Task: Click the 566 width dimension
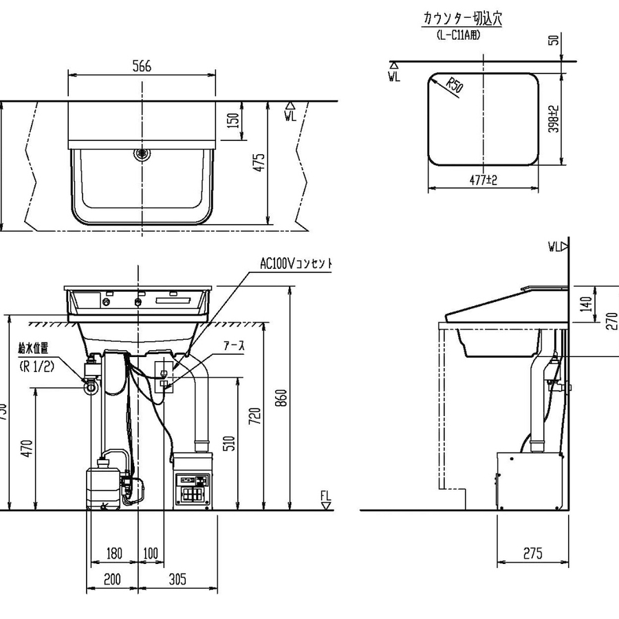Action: click(141, 66)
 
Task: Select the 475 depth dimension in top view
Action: click(259, 163)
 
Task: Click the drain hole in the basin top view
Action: click(142, 154)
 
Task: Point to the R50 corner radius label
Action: click(453, 87)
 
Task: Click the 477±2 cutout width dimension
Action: click(484, 180)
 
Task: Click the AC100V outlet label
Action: click(296, 263)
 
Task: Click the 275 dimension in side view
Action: click(532, 553)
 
